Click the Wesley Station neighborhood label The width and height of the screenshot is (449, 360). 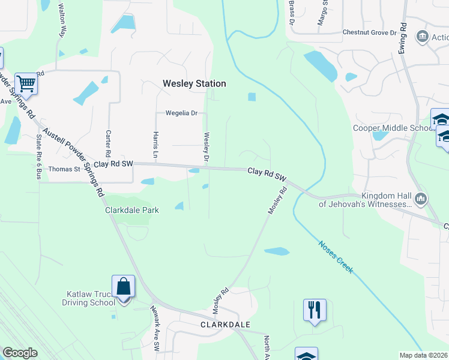(x=194, y=84)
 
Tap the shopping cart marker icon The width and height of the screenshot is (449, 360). (x=25, y=83)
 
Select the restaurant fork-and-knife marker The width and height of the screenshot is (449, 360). (x=315, y=310)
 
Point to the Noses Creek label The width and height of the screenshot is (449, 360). (x=336, y=257)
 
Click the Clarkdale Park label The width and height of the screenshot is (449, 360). (x=132, y=210)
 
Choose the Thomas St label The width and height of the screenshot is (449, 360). (x=64, y=170)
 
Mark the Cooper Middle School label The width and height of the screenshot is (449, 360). (x=393, y=128)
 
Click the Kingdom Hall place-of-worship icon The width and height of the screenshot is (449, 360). (x=420, y=198)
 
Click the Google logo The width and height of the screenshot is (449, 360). (x=20, y=353)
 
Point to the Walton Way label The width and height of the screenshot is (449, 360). (x=62, y=20)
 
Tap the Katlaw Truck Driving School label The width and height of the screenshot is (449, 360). (x=90, y=298)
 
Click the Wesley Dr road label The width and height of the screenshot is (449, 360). (x=206, y=147)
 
